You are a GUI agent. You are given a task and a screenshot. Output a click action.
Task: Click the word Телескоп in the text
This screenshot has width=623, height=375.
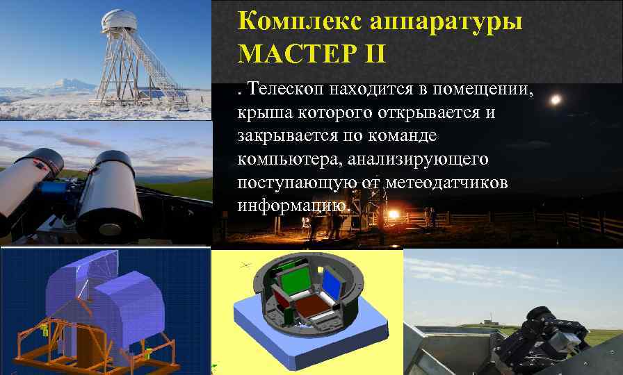click(286, 88)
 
